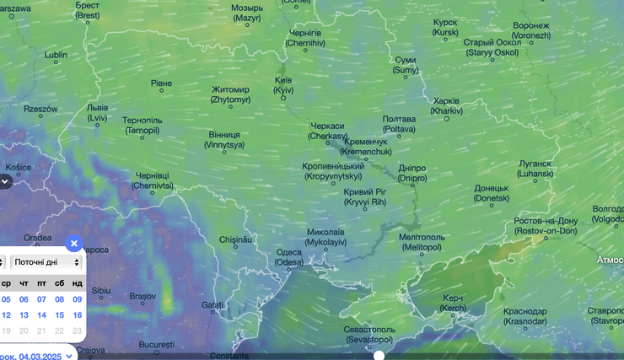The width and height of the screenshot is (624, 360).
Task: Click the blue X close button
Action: pos(73,244)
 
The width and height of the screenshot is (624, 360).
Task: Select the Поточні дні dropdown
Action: pos(46,262)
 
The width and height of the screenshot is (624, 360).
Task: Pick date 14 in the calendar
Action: pos(41,315)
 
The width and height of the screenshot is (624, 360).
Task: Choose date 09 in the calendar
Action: pos(77,299)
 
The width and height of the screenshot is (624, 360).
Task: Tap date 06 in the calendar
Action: pos(24,299)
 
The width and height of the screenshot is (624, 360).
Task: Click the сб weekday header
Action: pos(59,283)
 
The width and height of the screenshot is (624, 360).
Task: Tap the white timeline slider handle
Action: pos(379,356)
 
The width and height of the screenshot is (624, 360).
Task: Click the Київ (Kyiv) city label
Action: pos(283,84)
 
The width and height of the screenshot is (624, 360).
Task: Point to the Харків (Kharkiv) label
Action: pos(446,105)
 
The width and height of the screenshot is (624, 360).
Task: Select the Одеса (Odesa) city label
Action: pos(289,257)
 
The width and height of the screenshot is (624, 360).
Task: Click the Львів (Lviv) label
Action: pos(97,113)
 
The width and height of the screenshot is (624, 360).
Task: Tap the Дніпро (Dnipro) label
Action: pos(412,173)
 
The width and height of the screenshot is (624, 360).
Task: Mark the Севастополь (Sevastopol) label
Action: pos(369,334)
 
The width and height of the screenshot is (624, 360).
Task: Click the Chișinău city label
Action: pos(236,239)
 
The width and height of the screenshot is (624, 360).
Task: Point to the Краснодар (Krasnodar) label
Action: pos(524,316)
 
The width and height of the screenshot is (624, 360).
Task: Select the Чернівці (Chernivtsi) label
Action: pos(153,180)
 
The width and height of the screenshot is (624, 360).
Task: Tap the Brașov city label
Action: pos(143,296)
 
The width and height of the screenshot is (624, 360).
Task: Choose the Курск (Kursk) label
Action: pos(444,27)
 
